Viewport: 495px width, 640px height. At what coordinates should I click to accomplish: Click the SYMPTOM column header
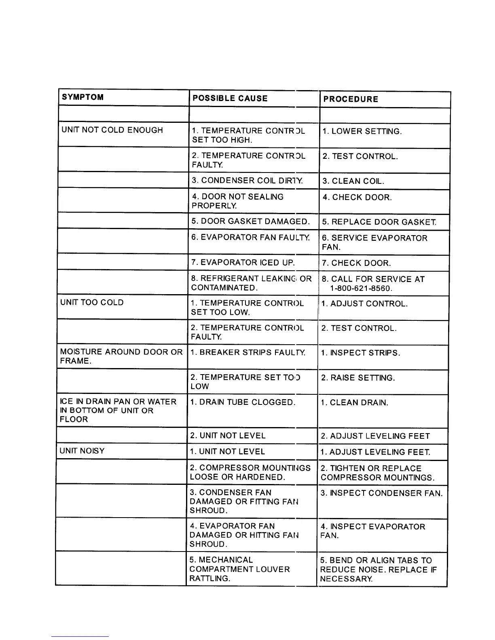tap(82, 97)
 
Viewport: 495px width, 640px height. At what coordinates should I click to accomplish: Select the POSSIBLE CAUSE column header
tap(230, 99)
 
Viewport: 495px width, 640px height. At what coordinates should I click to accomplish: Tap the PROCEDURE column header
tap(351, 99)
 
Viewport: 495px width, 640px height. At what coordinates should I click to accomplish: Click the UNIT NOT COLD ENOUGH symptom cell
tap(112, 130)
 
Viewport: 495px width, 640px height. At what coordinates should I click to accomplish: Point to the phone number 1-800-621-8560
tap(361, 288)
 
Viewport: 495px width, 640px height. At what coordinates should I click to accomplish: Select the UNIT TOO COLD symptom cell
tap(92, 303)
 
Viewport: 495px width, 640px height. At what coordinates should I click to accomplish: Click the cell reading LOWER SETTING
tap(362, 132)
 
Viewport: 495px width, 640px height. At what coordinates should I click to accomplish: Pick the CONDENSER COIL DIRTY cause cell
tap(247, 180)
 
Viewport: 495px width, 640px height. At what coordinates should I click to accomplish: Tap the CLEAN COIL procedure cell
tap(353, 181)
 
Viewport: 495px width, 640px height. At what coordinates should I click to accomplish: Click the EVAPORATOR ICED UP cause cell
tap(243, 263)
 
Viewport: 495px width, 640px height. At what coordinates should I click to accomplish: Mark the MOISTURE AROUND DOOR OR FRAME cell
tap(121, 356)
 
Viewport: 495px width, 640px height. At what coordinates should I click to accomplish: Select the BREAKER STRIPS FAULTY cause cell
tap(247, 352)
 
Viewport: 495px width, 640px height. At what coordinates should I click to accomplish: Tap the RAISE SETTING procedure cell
tap(357, 378)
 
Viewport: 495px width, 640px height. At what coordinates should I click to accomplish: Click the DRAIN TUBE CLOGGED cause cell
tap(243, 402)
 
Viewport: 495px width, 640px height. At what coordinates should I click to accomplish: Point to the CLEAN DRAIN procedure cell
tap(354, 403)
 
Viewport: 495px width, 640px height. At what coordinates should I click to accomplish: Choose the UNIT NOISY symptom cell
tap(82, 451)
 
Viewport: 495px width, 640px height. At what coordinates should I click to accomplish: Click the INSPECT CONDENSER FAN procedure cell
tap(381, 493)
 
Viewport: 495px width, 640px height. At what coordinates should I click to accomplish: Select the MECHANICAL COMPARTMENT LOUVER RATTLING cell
tap(239, 569)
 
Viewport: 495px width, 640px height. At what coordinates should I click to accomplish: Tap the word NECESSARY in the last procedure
tap(346, 579)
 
